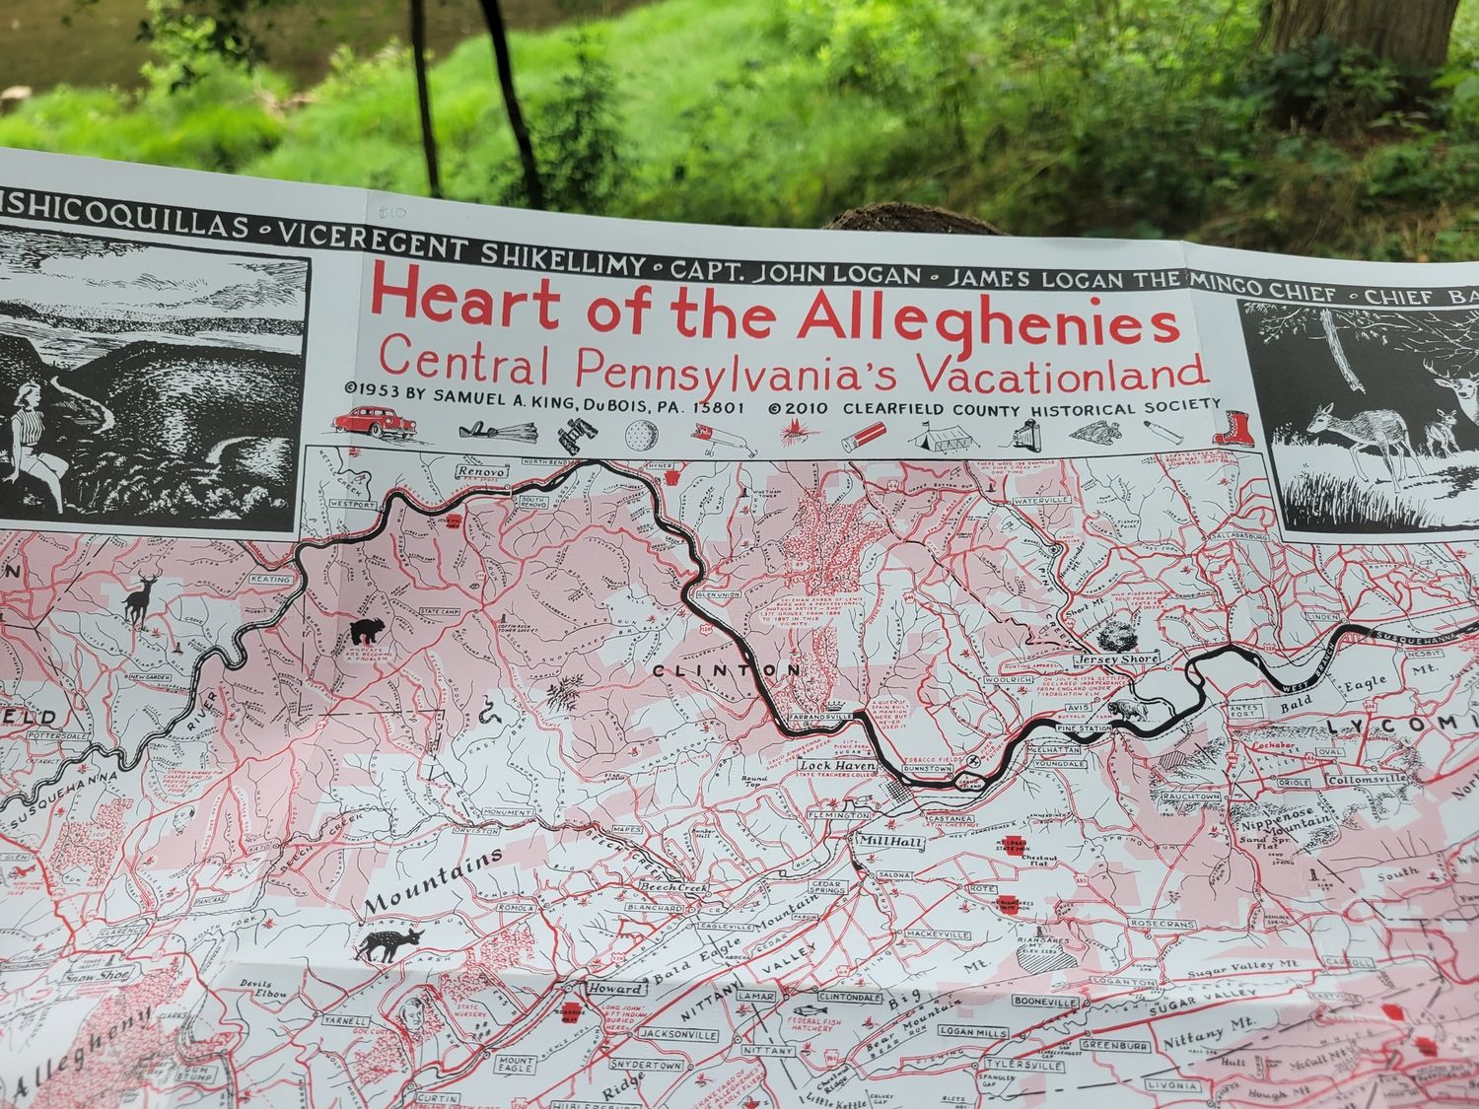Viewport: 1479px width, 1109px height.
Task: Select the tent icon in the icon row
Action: point(936,432)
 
